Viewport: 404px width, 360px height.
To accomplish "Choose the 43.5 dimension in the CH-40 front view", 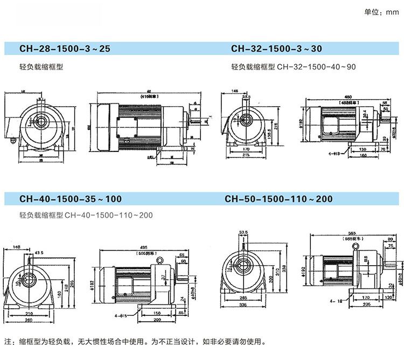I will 39,253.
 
